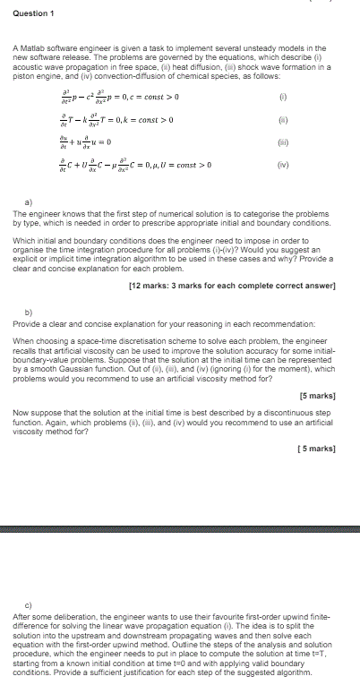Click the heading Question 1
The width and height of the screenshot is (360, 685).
click(34, 13)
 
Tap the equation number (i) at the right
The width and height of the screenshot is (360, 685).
click(283, 97)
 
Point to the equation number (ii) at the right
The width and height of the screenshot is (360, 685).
click(283, 120)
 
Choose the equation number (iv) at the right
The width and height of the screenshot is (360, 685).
click(283, 165)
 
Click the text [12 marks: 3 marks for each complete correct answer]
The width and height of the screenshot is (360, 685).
click(233, 286)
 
